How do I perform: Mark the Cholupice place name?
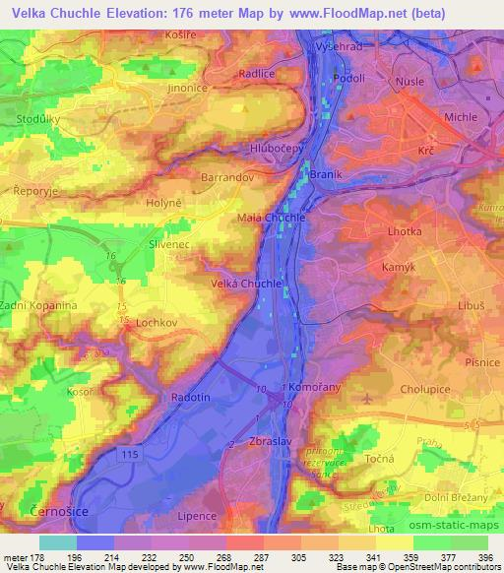click(425, 389)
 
